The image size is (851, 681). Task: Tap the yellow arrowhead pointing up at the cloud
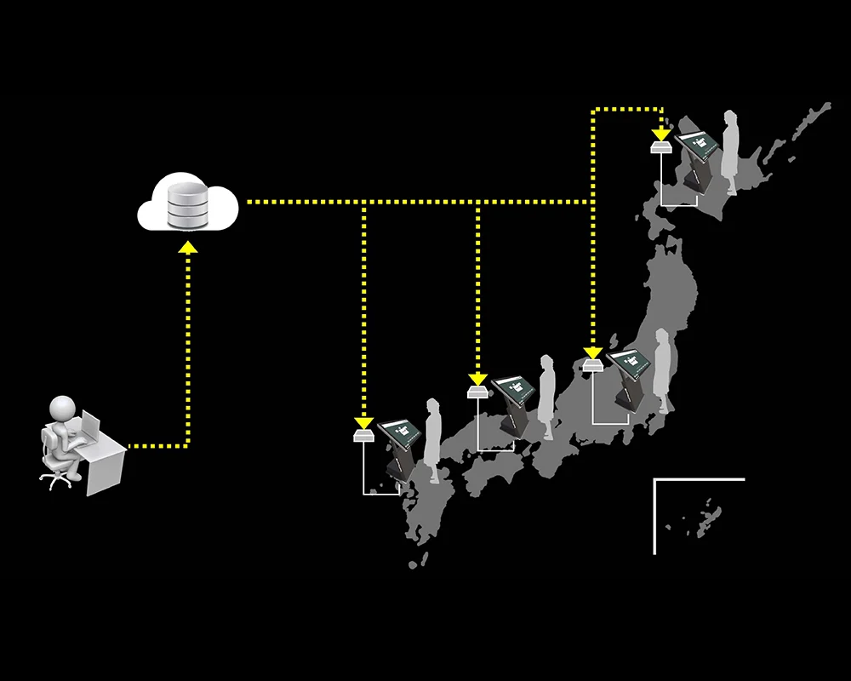point(187,248)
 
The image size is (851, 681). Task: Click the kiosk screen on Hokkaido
point(697,142)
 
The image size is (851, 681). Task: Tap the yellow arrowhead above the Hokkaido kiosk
point(661,134)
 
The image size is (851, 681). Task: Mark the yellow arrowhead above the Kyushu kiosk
point(363,423)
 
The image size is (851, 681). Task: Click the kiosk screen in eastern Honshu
point(631,363)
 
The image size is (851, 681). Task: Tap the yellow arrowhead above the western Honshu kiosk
point(477,379)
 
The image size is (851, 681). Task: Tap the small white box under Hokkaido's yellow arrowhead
point(661,148)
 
